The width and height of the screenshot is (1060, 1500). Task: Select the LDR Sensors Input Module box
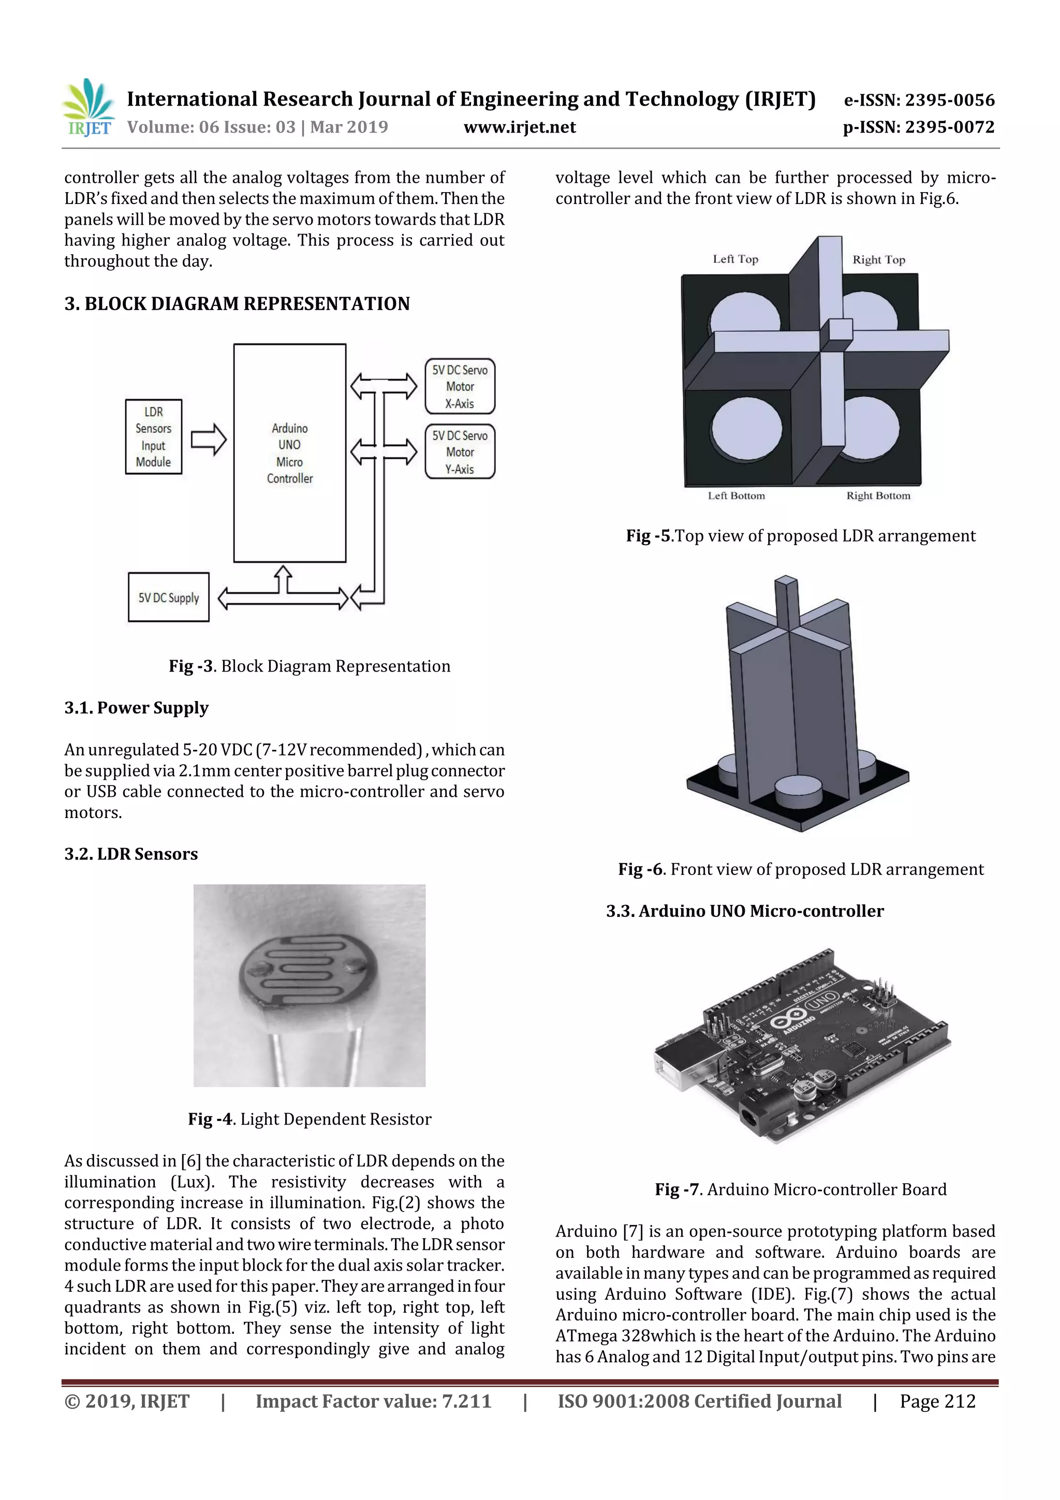tap(154, 436)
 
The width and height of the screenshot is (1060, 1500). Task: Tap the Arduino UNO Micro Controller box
tap(289, 453)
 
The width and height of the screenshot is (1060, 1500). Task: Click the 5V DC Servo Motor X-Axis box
tap(460, 386)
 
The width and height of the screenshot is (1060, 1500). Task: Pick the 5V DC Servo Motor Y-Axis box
tap(460, 452)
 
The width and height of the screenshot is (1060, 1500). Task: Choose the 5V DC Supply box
tap(169, 597)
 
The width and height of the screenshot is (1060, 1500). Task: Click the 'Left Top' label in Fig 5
tap(735, 259)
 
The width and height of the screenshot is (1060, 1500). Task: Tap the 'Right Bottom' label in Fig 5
tap(878, 496)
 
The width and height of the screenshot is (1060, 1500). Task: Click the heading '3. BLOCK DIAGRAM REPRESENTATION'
tap(237, 304)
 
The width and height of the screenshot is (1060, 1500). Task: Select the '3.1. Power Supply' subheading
tap(137, 708)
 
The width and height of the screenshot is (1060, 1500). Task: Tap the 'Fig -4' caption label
tap(210, 1119)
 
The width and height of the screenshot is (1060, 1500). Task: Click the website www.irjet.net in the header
tap(520, 127)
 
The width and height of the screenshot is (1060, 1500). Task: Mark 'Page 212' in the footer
tap(937, 1401)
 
